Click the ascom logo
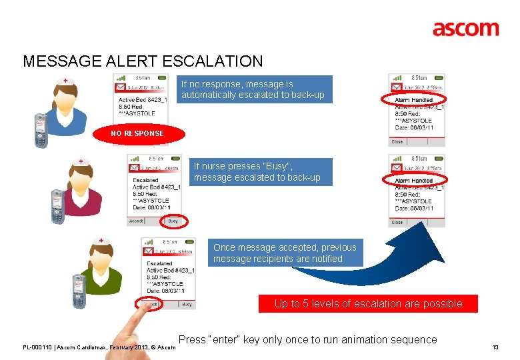[x=465, y=29]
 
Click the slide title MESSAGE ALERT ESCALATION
[x=143, y=61]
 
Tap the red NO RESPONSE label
[x=137, y=133]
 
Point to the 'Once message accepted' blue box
[x=285, y=253]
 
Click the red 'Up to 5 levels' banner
[x=368, y=303]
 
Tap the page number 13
[x=495, y=347]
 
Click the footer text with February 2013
[x=99, y=347]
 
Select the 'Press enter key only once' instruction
[x=307, y=339]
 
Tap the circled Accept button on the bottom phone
[x=149, y=304]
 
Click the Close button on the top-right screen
[x=397, y=141]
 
